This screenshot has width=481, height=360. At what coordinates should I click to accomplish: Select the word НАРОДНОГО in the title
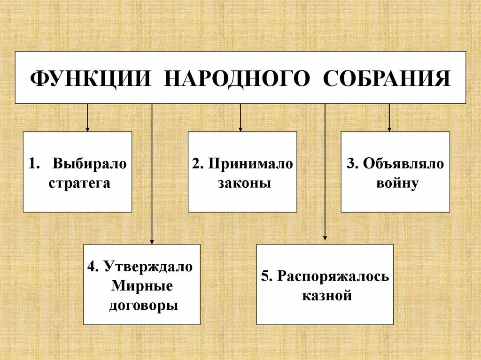click(x=237, y=78)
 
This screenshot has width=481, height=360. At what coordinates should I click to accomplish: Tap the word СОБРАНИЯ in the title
click(x=387, y=78)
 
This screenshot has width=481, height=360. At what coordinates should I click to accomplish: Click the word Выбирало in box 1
click(x=90, y=164)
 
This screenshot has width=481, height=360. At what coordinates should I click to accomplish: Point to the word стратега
click(x=79, y=183)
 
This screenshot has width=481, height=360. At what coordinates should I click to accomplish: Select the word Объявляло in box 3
click(x=402, y=164)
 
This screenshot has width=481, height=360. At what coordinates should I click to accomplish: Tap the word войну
click(x=397, y=183)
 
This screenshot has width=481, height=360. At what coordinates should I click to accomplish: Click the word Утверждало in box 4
click(x=148, y=267)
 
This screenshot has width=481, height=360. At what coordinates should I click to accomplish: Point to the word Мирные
click(x=142, y=286)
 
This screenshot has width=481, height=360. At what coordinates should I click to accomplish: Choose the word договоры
click(x=144, y=306)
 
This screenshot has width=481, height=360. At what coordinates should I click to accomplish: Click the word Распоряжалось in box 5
click(x=333, y=276)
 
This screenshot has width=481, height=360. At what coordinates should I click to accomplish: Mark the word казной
click(x=327, y=296)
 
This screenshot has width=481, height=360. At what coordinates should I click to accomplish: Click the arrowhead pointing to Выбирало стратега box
click(x=87, y=129)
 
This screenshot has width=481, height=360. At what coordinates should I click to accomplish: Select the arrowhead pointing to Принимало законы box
click(x=240, y=129)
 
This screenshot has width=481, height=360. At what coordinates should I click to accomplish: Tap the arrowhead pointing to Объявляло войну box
click(x=389, y=129)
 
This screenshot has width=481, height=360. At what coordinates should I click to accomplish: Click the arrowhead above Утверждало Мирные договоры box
click(x=152, y=241)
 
